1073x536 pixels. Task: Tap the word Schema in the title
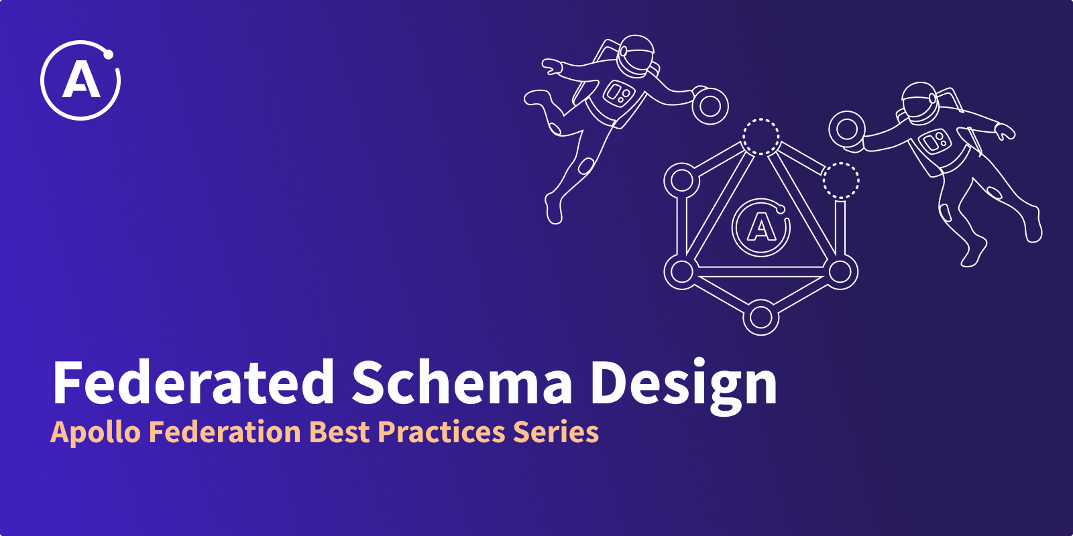tap(462, 383)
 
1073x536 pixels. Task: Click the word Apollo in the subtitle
tap(95, 433)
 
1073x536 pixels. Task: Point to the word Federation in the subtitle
tap(225, 431)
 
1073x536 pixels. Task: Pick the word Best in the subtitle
tap(340, 431)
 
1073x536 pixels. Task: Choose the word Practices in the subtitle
tap(441, 431)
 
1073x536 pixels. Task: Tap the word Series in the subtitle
tap(556, 431)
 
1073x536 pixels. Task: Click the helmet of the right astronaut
tap(919, 103)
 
